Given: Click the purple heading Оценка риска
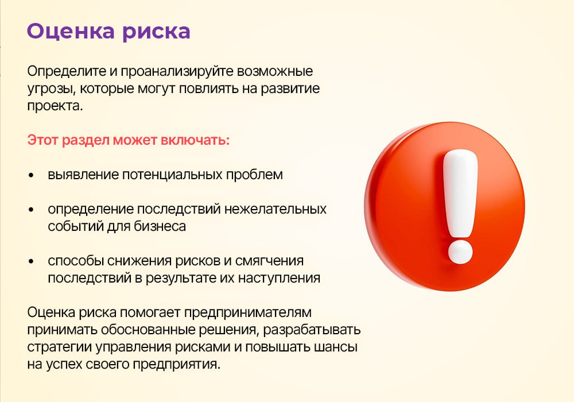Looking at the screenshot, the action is [108, 32].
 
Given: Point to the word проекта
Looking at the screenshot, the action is [55, 106].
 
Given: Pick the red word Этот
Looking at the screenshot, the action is [43, 140].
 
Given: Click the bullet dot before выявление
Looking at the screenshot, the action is [31, 175].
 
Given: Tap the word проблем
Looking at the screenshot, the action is [254, 175].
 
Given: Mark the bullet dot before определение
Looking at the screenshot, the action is [31, 210].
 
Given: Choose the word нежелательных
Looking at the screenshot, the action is [276, 209].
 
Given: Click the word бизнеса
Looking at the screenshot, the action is [160, 226].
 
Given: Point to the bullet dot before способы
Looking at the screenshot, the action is [31, 261].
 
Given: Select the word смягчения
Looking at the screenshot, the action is [269, 261].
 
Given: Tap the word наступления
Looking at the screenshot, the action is [279, 279].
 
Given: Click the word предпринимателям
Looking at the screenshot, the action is [247, 312].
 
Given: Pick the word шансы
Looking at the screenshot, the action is [336, 347].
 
